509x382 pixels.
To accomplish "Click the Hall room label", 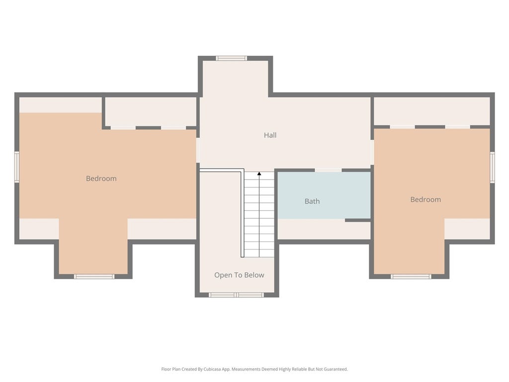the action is pyautogui.click(x=270, y=135).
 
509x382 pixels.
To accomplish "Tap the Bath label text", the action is pyautogui.click(x=312, y=201).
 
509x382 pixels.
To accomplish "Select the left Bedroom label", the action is pyautogui.click(x=101, y=179).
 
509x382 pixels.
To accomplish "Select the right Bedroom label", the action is pyautogui.click(x=425, y=199).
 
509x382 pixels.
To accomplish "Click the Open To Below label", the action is pyautogui.click(x=239, y=275).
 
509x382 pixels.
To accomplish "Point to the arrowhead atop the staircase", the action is pyautogui.click(x=259, y=174).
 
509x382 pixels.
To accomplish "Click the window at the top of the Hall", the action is pyautogui.click(x=232, y=59).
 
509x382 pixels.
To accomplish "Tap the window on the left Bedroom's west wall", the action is pyautogui.click(x=17, y=167).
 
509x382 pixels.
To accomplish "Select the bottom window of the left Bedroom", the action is pyautogui.click(x=94, y=277).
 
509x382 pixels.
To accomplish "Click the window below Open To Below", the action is pyautogui.click(x=236, y=295).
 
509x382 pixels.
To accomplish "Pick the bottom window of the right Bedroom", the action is pyautogui.click(x=411, y=277).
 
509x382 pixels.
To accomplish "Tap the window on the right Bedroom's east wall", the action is pyautogui.click(x=493, y=167).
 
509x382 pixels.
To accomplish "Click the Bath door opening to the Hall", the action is pyautogui.click(x=328, y=170).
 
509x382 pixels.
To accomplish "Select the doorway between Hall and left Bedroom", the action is pyautogui.click(x=198, y=150).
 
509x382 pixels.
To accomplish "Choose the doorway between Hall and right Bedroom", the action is pyautogui.click(x=372, y=152).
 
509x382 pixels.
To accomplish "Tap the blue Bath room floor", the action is pyautogui.click(x=324, y=195).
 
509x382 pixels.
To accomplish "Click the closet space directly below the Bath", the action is pyautogui.click(x=324, y=230).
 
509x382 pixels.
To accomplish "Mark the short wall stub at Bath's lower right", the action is pyautogui.click(x=358, y=220).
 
